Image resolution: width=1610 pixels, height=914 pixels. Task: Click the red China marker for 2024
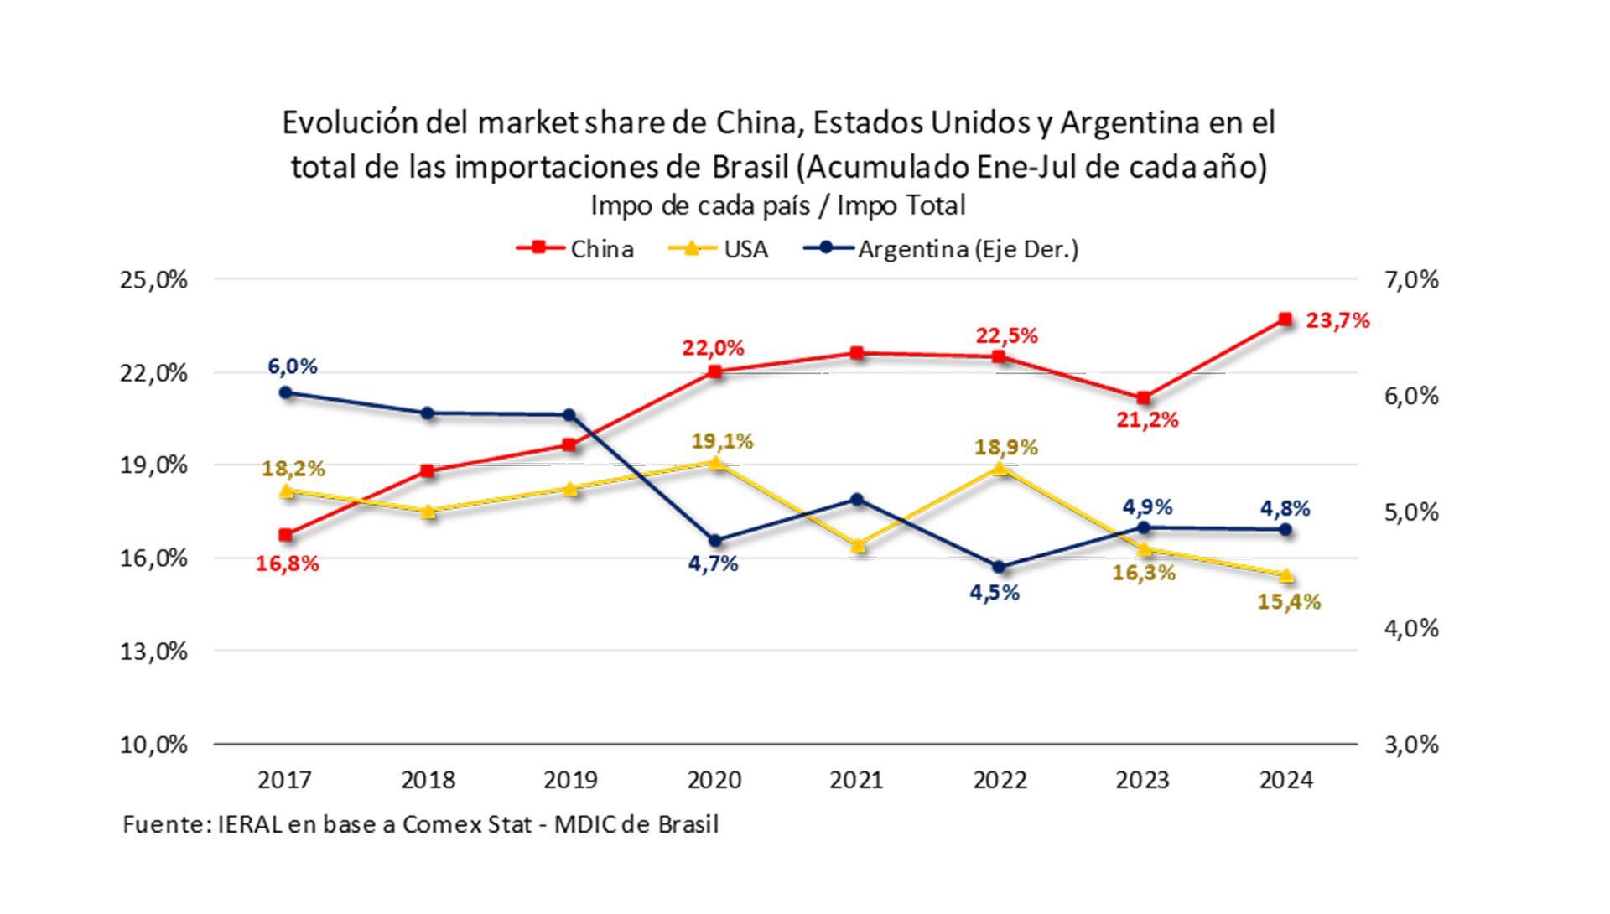click(1285, 319)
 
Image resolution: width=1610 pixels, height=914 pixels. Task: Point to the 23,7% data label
click(1337, 320)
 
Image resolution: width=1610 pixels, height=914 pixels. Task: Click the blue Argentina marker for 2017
click(286, 392)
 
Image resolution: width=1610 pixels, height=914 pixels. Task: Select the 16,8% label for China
click(288, 563)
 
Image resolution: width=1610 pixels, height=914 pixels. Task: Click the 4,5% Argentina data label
click(995, 593)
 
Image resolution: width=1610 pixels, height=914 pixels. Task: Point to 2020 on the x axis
click(714, 780)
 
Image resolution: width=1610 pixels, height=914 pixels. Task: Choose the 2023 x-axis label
click(1142, 780)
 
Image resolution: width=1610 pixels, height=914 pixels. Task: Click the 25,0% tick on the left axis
click(154, 280)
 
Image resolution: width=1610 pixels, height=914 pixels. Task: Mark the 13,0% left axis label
click(154, 651)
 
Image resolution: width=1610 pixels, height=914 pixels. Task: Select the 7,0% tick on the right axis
click(1410, 280)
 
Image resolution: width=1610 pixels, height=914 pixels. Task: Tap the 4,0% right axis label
click(1410, 628)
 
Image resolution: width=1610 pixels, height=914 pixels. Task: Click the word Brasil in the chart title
click(750, 167)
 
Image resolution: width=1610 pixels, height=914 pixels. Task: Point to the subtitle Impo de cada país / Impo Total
click(777, 205)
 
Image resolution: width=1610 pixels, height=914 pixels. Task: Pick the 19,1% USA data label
click(722, 441)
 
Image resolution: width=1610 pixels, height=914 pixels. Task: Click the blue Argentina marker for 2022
click(999, 567)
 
